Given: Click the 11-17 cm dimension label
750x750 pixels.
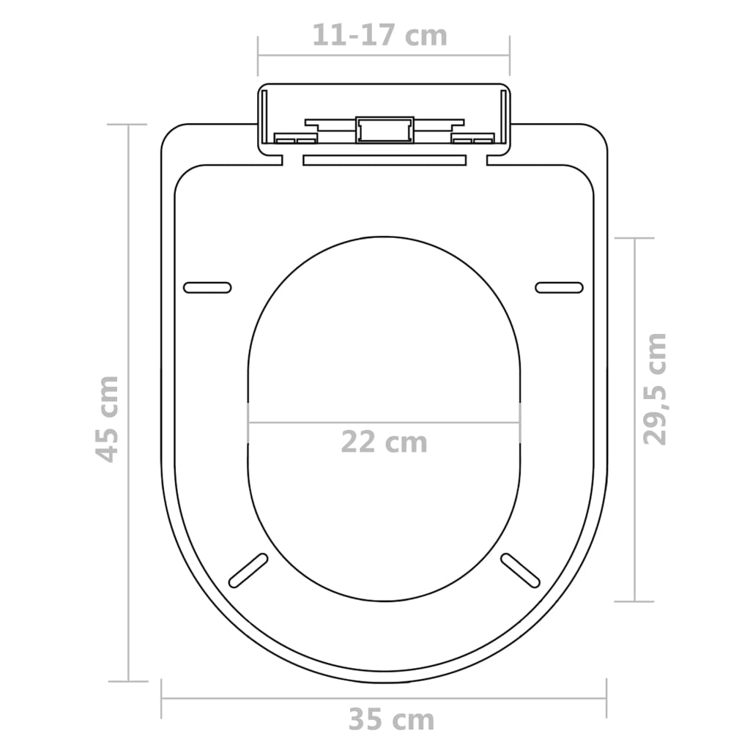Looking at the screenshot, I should coord(379,35).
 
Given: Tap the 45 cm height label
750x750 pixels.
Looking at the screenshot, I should coord(108,418).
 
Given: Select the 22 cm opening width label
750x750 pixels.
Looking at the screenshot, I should coord(384,442).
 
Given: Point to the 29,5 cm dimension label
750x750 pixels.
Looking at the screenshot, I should coord(655,388).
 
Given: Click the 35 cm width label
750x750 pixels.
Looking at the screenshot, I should coord(391,720).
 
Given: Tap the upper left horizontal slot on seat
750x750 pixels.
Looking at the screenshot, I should coord(207,288).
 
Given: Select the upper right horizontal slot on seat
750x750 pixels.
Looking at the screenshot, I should coord(560,288).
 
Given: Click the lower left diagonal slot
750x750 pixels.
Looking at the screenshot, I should coord(248,570).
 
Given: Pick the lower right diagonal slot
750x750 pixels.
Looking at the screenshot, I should coord(520,570).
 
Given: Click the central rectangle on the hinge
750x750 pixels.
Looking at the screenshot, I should coord(384,130).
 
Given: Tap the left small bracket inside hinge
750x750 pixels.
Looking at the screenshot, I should coord(295,138).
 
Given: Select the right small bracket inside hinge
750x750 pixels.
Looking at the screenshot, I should coord(472,138).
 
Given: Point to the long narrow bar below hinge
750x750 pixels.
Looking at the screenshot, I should coord(384,159).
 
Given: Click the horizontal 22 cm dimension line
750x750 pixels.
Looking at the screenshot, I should coord(384,423).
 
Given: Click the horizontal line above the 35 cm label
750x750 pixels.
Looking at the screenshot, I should coord(384,698).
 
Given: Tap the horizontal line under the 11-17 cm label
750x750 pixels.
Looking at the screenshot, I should coord(384,55).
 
